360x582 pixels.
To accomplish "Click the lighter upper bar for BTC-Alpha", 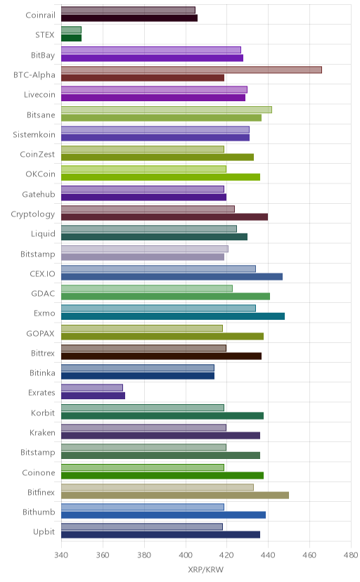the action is pos(191,70).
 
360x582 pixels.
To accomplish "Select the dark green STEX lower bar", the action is pos(71,38).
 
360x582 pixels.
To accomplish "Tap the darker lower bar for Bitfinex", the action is pos(175,495).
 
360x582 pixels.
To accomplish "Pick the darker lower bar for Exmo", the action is pos(173,316).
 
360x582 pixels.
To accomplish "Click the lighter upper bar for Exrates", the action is pos(92,387).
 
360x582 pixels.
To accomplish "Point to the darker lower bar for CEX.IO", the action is pos(172,276).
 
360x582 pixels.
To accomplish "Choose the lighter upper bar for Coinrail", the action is pos(128,10).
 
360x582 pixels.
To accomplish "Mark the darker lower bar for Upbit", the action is pos(160,534).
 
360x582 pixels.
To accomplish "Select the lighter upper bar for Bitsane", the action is pos(166,110).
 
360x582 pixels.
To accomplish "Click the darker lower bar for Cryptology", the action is pos(165,216).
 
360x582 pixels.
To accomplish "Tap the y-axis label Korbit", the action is pos(43,413).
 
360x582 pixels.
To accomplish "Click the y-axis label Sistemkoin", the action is pos(34,134).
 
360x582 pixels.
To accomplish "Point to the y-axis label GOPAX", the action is pos(41,333).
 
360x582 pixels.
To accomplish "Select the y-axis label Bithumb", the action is pos(39,512).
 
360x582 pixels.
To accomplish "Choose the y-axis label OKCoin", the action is pos(41,174).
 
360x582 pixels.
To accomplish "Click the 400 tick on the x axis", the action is pos(186,555).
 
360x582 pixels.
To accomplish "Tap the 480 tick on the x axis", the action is pos(351,555).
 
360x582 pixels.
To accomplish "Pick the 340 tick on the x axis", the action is pos(61,555).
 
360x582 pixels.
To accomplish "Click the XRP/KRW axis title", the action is pos(206,570).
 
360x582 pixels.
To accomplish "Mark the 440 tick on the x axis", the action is pos(269,555).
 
